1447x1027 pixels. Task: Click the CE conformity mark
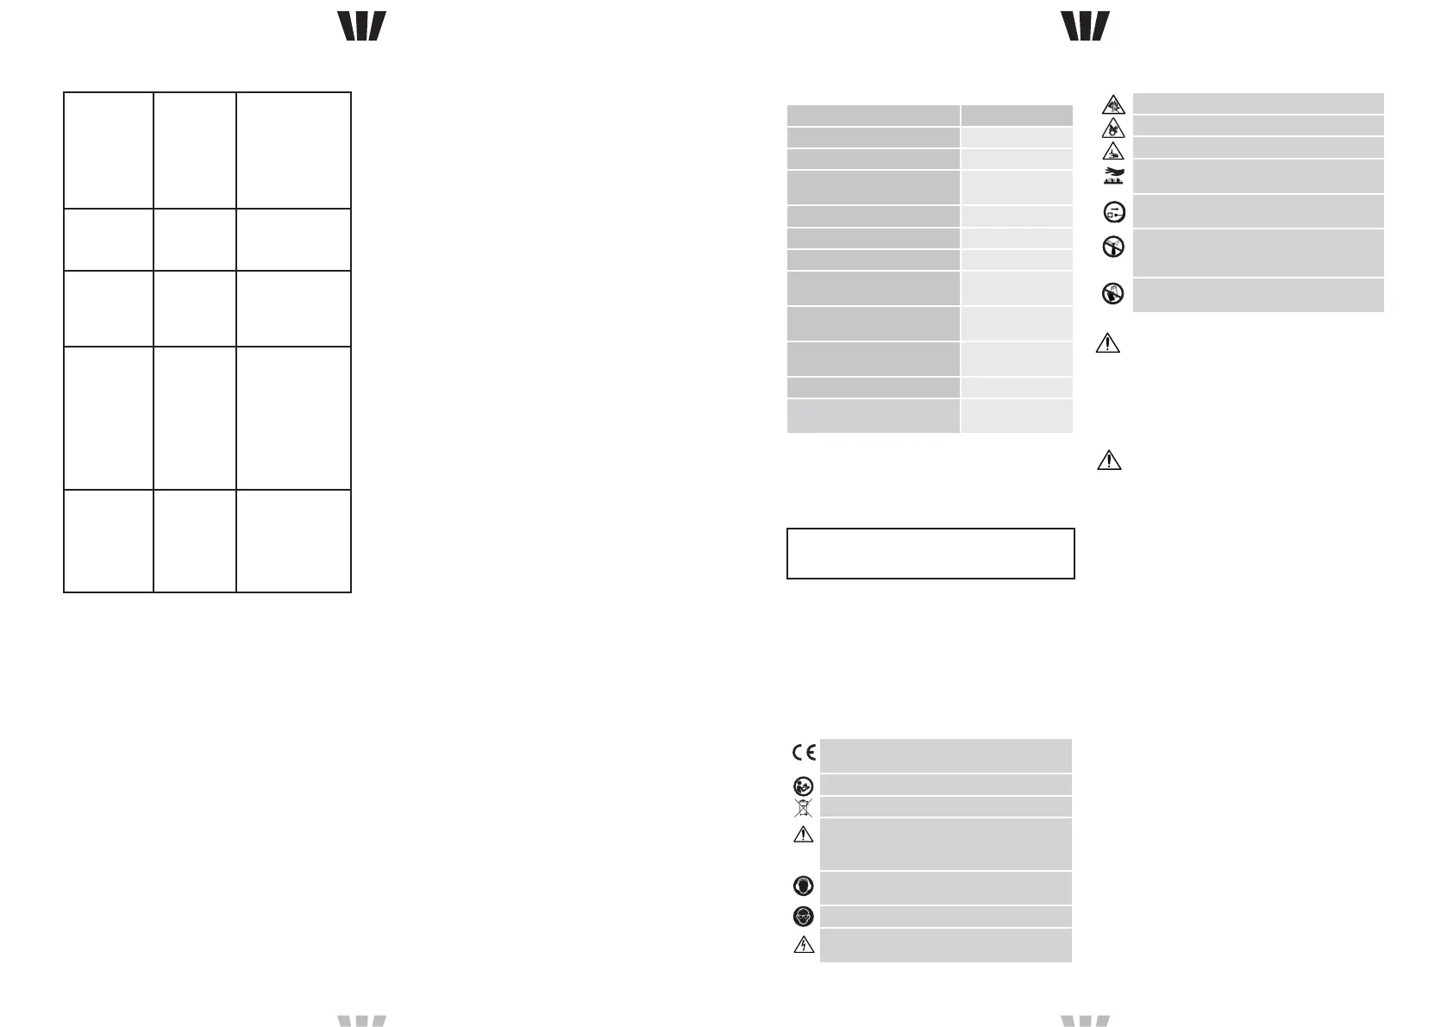[x=804, y=752]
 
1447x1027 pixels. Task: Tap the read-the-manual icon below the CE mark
[x=803, y=786]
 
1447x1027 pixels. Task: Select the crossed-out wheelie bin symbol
[x=803, y=808]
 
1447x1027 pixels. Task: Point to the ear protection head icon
[x=803, y=887]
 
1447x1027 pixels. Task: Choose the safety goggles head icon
[x=803, y=917]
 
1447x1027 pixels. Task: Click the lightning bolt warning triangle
[x=803, y=944]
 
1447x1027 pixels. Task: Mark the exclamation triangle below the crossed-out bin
[x=803, y=834]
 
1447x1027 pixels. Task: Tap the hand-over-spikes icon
[x=1113, y=177]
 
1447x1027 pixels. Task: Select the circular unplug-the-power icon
[x=1113, y=212]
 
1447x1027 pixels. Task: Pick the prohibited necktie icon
[x=1113, y=247]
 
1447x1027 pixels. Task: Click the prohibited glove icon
[x=1113, y=294]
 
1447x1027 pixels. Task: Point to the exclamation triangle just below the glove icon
[x=1107, y=343]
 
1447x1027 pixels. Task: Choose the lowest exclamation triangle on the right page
[x=1108, y=460]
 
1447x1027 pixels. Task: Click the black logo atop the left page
[x=361, y=26]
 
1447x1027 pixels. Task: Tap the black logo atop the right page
[x=1086, y=26]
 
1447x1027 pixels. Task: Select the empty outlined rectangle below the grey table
[x=930, y=553]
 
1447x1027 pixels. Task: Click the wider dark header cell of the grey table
[x=873, y=116]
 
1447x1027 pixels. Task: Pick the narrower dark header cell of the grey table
[x=1017, y=116]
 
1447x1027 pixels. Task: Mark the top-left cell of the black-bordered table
[x=109, y=150]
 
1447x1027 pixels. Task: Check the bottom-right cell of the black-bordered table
[x=293, y=541]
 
